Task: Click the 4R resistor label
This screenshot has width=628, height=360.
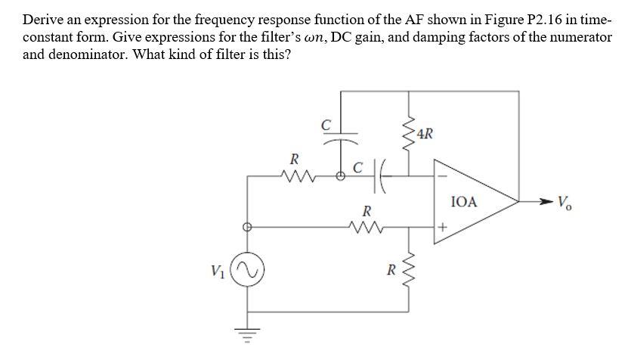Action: point(425,135)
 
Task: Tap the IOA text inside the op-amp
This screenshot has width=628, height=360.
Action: point(463,202)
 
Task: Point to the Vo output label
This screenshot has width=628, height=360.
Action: point(564,202)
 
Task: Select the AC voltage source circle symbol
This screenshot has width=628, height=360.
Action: point(245,269)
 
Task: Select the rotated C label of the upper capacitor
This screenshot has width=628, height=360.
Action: point(326,123)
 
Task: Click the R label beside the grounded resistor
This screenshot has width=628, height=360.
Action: point(391,269)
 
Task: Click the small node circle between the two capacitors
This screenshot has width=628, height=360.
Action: point(340,178)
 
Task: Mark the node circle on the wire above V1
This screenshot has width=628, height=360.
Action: point(245,225)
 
